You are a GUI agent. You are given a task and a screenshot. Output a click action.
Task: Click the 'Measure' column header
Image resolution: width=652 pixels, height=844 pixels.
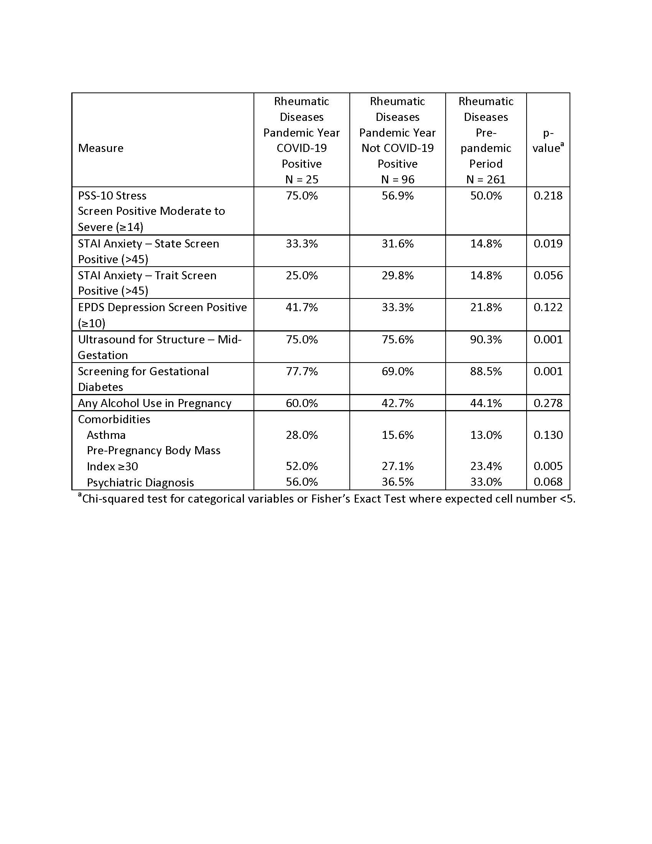point(100,148)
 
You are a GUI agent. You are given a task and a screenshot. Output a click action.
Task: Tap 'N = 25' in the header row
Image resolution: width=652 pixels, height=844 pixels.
point(301,179)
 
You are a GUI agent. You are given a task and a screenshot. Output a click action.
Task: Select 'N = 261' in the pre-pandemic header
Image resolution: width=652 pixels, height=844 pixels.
point(486,179)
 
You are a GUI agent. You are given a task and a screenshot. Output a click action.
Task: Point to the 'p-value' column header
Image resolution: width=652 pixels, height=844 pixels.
point(548,141)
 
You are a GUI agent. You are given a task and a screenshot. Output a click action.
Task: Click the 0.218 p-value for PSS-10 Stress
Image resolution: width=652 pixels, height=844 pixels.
point(548,196)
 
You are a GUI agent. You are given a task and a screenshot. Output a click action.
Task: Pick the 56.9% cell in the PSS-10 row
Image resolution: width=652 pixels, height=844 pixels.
point(397,196)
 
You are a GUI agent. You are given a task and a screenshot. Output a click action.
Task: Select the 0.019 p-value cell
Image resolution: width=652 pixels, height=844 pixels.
point(548,244)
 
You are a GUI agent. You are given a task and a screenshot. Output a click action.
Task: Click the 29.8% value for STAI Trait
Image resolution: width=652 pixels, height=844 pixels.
point(397,275)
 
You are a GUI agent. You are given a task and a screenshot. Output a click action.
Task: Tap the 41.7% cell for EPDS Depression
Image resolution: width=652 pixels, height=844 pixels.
point(301,307)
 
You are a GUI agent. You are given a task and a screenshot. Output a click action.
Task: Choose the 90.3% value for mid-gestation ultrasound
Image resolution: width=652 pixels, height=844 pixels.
point(486,339)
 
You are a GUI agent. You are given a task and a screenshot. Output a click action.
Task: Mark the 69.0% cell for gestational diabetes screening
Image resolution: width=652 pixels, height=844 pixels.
point(397,371)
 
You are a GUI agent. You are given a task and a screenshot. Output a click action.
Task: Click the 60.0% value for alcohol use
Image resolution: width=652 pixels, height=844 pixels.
point(301,403)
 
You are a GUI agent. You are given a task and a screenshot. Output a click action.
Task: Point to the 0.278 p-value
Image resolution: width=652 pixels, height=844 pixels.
point(548,403)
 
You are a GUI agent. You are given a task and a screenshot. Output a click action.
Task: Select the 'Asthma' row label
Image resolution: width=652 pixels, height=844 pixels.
point(106,435)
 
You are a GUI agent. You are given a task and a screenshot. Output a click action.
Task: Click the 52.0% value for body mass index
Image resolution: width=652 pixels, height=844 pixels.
point(301,466)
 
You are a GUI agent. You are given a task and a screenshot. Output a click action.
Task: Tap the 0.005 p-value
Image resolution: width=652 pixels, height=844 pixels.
point(548,466)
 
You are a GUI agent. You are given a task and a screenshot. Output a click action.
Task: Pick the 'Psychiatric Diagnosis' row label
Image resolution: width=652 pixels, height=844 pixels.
point(140,482)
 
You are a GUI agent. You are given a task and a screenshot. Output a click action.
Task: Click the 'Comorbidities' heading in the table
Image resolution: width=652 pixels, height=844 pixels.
point(114,419)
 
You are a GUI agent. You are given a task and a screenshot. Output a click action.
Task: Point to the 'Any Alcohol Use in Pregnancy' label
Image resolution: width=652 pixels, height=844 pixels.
point(155,403)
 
